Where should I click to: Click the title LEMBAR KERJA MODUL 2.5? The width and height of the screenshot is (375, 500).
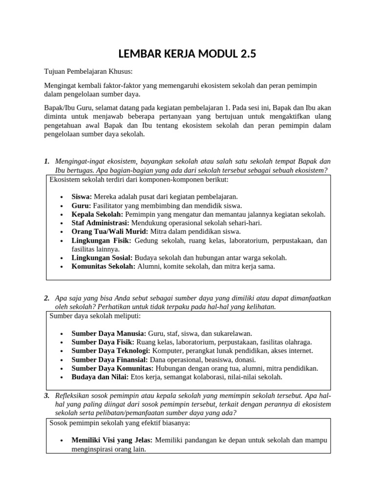(187, 54)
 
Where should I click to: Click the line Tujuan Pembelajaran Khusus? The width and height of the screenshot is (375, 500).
(85, 72)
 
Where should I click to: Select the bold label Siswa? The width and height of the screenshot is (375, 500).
(82, 196)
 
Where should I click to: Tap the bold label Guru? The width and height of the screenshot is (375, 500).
(81, 206)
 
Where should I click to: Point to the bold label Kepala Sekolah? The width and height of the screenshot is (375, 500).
(98, 214)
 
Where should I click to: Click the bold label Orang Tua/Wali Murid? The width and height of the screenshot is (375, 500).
(110, 231)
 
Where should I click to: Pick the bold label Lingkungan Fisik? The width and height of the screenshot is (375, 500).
(101, 240)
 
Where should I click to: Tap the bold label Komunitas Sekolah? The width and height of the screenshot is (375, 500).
(104, 266)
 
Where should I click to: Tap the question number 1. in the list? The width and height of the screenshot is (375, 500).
(47, 161)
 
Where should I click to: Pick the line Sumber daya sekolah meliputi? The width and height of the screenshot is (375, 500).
(95, 316)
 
